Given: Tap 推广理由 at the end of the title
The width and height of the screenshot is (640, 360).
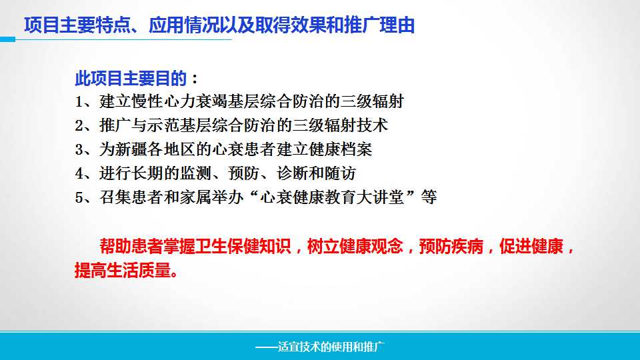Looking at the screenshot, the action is coord(379,25).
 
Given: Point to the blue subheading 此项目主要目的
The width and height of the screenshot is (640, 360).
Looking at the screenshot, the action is coord(131,79).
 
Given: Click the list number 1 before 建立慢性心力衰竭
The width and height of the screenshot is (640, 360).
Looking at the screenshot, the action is coord(79,101).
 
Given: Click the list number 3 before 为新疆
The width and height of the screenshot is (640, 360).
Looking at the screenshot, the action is coord(79,150).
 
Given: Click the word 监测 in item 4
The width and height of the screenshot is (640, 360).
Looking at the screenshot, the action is coord(195,173).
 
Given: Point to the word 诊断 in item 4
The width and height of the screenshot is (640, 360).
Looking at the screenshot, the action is coord(292,173).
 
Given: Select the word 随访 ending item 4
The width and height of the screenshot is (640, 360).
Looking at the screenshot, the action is coord(340,173).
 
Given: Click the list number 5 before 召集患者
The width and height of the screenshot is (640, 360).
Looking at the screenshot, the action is coord(79,198).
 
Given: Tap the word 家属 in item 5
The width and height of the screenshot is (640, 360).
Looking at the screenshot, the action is coord(195,197).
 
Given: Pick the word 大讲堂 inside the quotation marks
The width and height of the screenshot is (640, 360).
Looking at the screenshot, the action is coord(380,197).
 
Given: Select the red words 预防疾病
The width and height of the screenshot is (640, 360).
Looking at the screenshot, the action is coord(451,247).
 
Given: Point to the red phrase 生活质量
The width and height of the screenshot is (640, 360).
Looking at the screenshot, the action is coord(139,270).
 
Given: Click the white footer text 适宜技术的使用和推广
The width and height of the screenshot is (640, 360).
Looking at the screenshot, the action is coord(331,347).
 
